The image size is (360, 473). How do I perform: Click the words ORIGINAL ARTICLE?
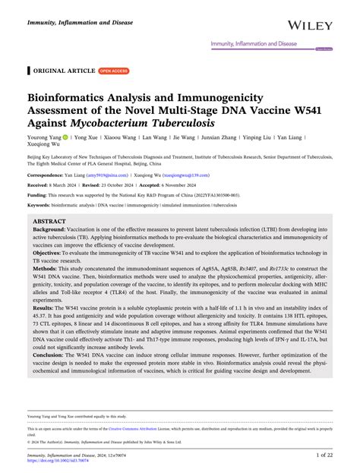point(64,71)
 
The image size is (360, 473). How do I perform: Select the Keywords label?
point(43,204)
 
